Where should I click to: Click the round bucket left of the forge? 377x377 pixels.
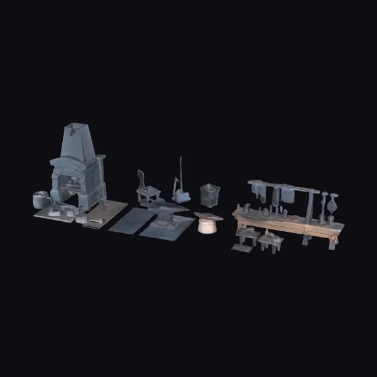[40, 199]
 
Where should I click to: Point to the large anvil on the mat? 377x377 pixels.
[165, 210]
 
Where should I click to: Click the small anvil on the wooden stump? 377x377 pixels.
[208, 217]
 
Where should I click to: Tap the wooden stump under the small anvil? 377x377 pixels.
[207, 226]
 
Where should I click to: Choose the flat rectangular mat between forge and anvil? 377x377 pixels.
[131, 220]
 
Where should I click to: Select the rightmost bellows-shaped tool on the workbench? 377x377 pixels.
[333, 204]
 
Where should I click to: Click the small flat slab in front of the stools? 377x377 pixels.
[241, 248]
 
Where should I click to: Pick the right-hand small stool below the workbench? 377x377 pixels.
[271, 241]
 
